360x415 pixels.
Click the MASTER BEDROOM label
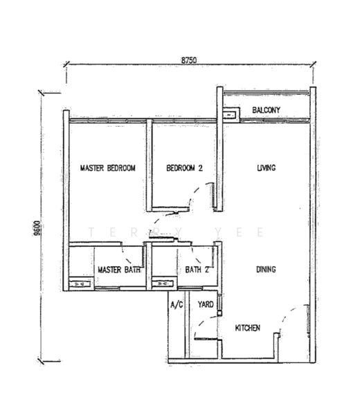(x=107, y=168)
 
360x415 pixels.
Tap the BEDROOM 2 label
(x=184, y=168)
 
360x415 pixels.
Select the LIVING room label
(x=267, y=168)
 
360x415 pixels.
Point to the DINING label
(x=266, y=270)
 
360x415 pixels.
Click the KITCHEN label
(x=247, y=328)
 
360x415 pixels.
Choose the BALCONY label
(x=266, y=110)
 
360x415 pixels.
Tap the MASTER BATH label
(x=119, y=270)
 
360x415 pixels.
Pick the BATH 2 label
(x=197, y=270)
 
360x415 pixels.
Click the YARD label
(x=206, y=304)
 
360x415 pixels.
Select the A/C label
(x=177, y=304)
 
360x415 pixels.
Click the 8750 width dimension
(x=189, y=60)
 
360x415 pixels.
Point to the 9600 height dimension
(x=37, y=228)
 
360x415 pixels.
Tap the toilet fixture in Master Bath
(x=80, y=284)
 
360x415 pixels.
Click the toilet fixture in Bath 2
(x=163, y=284)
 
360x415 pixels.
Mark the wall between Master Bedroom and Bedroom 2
(x=149, y=165)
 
